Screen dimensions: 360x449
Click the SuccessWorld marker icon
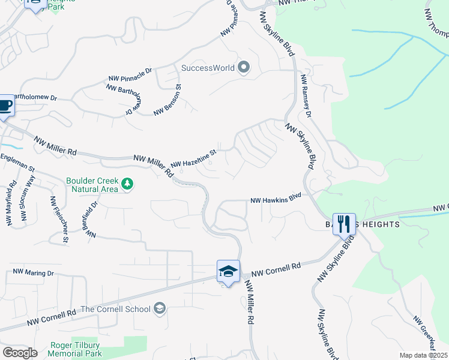tap(244, 67)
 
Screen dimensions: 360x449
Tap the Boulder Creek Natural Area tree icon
tap(127, 184)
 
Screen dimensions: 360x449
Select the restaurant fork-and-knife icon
tap(344, 224)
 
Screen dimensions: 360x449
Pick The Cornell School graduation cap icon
tap(159, 308)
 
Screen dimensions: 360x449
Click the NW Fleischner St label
tap(59, 219)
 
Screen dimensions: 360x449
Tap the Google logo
tap(20, 353)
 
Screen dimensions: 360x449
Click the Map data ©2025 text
tap(423, 355)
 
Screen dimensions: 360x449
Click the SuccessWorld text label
tap(208, 68)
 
